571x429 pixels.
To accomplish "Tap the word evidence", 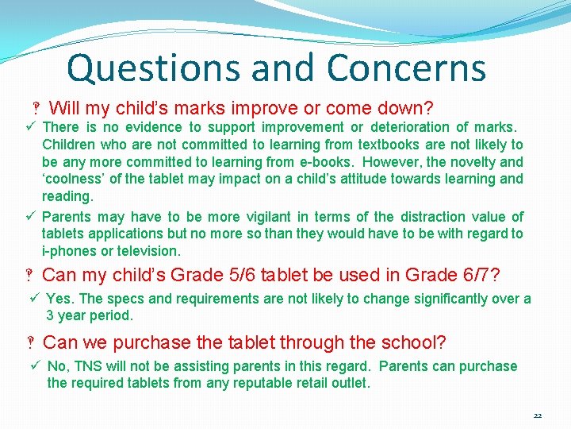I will click(151, 127).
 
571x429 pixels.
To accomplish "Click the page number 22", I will click(538, 415).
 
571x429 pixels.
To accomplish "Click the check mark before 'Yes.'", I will click(34, 299).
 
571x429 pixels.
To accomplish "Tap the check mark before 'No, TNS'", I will click(35, 366).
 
